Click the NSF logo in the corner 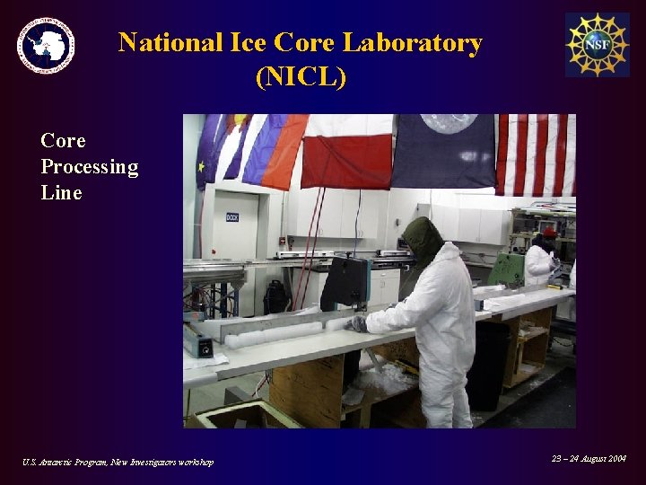[597, 45]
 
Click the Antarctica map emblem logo [46, 45]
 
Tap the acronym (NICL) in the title [301, 78]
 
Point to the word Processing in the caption [90, 167]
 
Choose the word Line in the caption [61, 193]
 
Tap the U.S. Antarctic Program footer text [118, 462]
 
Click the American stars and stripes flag [536, 154]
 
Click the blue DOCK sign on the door [231, 216]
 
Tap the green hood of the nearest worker [422, 239]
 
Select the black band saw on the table [345, 283]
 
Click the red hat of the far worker [549, 233]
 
